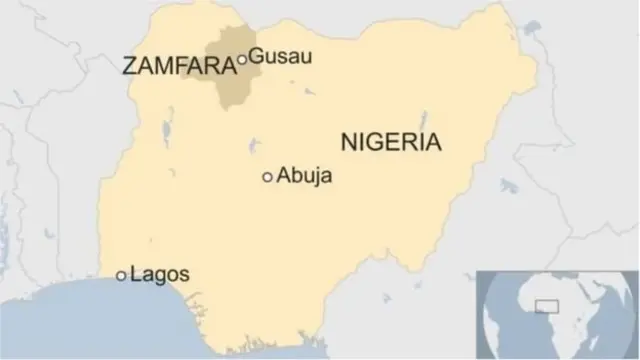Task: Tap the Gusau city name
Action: point(280,56)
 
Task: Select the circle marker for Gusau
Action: point(242,60)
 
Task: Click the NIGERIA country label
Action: point(391,141)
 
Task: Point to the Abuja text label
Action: point(305,176)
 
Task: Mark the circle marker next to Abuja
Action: point(267,177)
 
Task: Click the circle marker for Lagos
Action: point(121,275)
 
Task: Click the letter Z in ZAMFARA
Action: point(128,67)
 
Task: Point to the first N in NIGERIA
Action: point(349,141)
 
